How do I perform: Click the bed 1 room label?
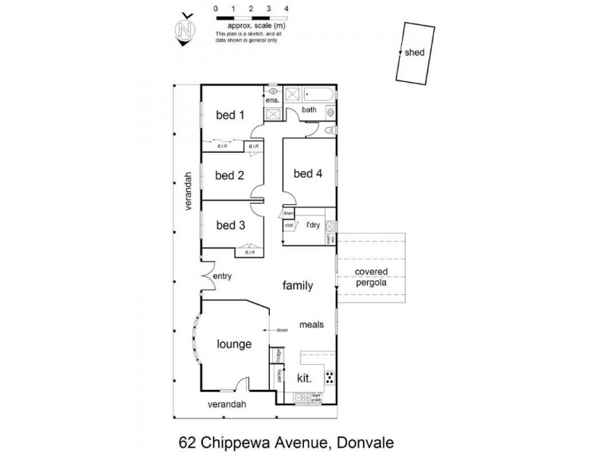tap(230, 116)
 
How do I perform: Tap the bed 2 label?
tap(230, 175)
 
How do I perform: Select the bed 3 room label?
tap(230, 225)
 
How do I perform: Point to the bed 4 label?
tap(309, 173)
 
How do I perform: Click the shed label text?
tap(415, 52)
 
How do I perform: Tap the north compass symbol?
tap(183, 31)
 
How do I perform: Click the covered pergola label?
tap(371, 277)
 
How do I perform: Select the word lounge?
tap(234, 344)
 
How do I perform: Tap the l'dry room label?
tap(312, 225)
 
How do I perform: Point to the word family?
tap(298, 286)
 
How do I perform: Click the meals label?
tap(312, 325)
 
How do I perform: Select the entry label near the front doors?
tap(222, 276)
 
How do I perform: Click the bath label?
tap(309, 110)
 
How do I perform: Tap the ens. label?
tap(272, 100)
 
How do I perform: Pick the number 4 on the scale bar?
tap(286, 8)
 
